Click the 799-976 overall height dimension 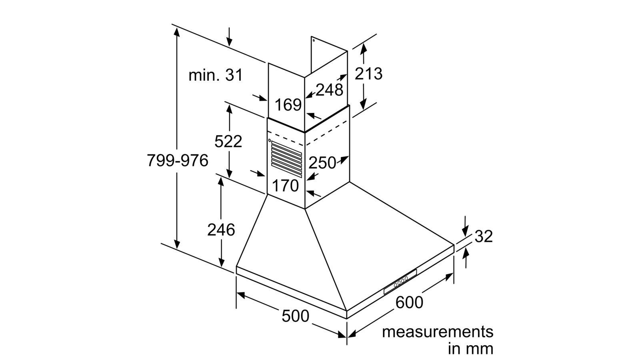click(178, 160)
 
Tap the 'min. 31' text click(216, 75)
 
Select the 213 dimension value click(368, 74)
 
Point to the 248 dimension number click(329, 90)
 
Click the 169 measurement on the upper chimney click(288, 104)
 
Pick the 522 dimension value click(228, 141)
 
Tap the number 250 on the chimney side click(322, 163)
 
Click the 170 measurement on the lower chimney click(285, 186)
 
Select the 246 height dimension click(221, 230)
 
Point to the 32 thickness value click(484, 236)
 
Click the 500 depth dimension click(296, 316)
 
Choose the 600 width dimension click(409, 302)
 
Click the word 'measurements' click(438, 332)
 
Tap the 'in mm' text click(470, 349)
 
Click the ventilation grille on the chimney click(286, 159)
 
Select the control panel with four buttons click(400, 282)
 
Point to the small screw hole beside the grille click(270, 140)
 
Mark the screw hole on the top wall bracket click(314, 40)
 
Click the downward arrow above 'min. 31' click(229, 37)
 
